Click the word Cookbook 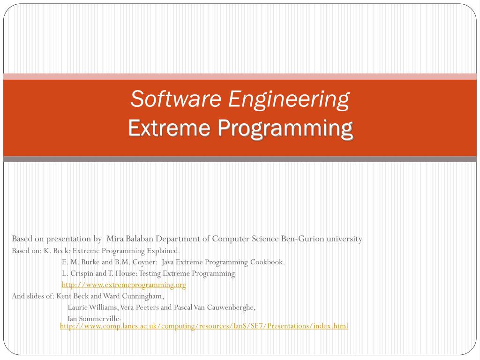[x=267, y=262]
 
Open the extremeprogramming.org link [x=124, y=285]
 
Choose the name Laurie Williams [x=92, y=307]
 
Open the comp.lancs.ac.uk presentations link [x=204, y=325]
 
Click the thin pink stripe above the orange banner [x=240, y=76]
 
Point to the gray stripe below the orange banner [x=240, y=159]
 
